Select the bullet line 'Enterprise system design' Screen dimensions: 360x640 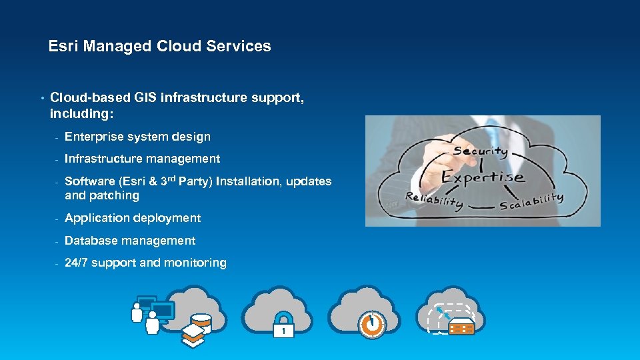pos(137,137)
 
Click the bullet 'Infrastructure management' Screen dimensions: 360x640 pos(142,159)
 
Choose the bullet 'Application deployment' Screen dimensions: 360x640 pos(133,218)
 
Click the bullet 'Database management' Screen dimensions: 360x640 pos(130,241)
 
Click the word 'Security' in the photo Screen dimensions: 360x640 pos(480,151)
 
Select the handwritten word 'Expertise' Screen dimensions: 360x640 pos(483,177)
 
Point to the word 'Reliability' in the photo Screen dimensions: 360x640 pos(434,200)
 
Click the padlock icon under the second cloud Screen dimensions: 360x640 pos(283,327)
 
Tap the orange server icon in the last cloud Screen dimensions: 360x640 pos(461,327)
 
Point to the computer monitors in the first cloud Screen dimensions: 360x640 pos(155,308)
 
